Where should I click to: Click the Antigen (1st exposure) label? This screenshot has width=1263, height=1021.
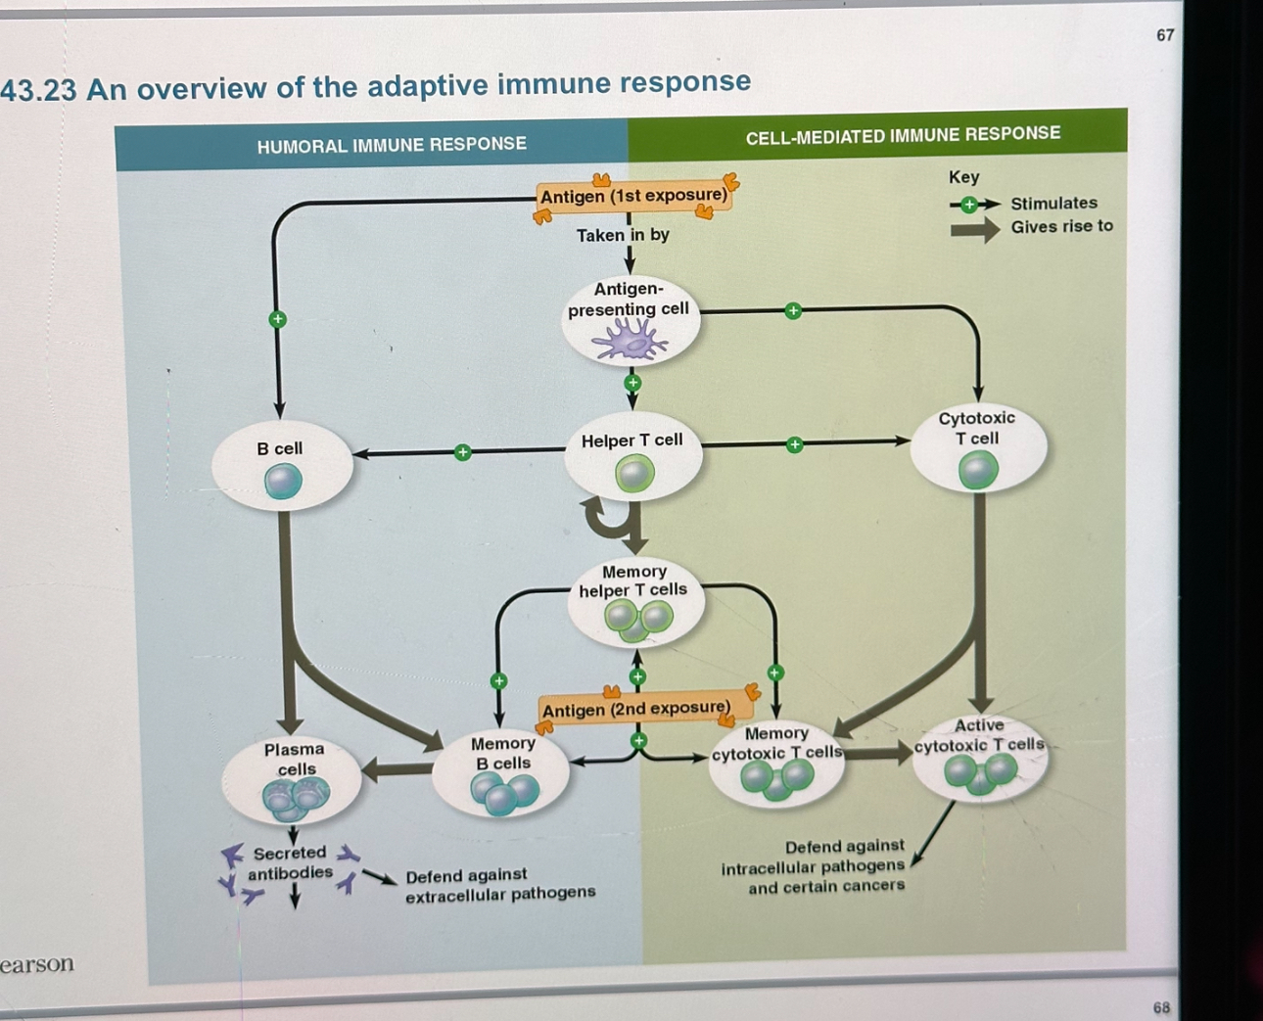[633, 196]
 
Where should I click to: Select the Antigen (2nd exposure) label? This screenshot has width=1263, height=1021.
[636, 708]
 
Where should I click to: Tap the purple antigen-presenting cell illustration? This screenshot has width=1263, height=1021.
[629, 342]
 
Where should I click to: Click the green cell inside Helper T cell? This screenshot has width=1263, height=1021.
[634, 475]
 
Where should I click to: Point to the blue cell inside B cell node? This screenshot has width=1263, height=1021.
[283, 482]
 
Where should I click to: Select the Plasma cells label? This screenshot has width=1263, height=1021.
[294, 759]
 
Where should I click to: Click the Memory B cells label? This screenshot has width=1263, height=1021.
[502, 753]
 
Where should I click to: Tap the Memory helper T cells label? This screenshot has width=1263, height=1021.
[633, 580]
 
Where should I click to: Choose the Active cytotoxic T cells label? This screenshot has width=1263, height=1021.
[979, 735]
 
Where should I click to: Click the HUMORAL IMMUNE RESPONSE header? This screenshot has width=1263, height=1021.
[392, 145]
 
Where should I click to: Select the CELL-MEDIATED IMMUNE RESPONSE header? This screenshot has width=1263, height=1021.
[903, 135]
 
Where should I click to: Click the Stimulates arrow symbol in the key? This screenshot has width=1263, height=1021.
[973, 205]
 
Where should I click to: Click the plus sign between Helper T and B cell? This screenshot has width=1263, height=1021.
[462, 452]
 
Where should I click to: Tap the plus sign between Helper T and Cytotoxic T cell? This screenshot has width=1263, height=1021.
[794, 444]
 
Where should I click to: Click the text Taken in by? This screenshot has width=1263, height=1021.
[623, 235]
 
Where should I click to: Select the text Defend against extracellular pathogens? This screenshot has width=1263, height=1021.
[499, 884]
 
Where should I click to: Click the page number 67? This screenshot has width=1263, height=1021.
[1165, 35]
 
